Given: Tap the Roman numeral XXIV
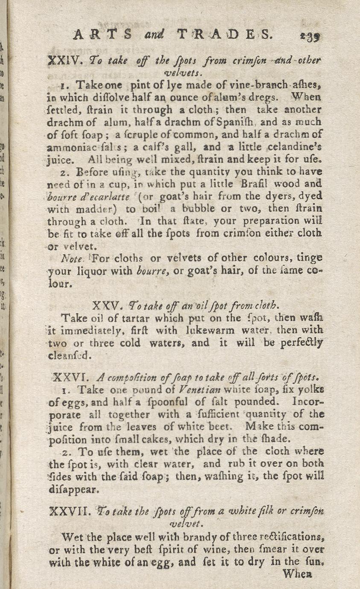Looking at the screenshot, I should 63,60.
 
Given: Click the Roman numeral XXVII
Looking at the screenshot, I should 69,510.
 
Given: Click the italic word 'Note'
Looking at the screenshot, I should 70,259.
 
